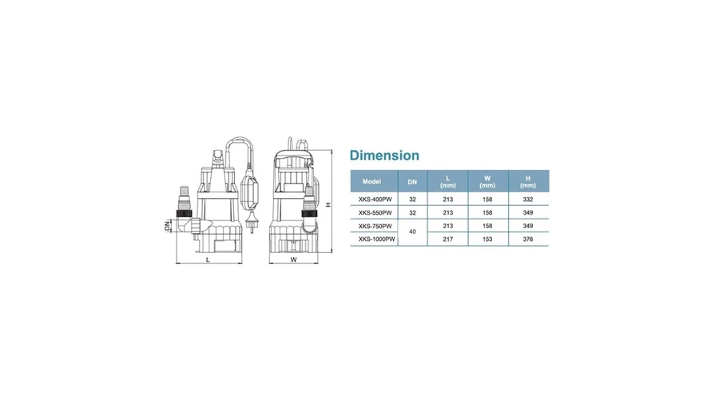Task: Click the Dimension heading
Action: pos(384,156)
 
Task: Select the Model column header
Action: pos(371,181)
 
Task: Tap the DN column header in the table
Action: pos(412,182)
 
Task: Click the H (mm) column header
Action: pos(528,181)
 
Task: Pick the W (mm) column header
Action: pos(487,181)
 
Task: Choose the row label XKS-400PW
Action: pos(375,199)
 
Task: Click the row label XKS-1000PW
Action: pos(376,239)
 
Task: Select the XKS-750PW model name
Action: pos(375,226)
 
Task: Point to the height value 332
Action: pos(528,199)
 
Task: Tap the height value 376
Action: pos(528,239)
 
